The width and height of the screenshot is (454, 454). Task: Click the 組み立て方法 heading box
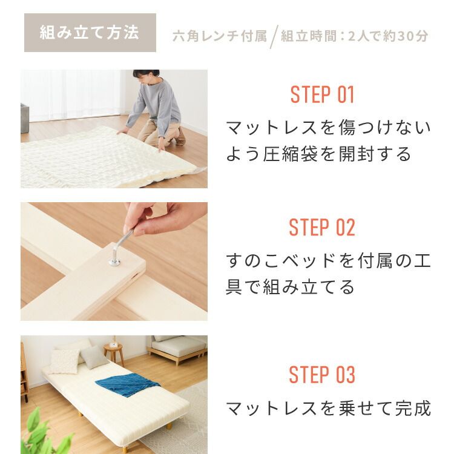pyautogui.click(x=90, y=33)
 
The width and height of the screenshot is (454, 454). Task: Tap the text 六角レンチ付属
pyautogui.click(x=219, y=36)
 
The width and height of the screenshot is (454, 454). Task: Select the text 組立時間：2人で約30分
pyautogui.click(x=354, y=36)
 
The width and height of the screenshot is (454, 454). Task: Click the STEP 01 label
pyautogui.click(x=322, y=95)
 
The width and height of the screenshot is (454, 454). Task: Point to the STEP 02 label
pyautogui.click(x=322, y=228)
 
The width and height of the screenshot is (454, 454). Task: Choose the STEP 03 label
pyautogui.click(x=322, y=375)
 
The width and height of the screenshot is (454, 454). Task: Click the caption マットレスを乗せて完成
pyautogui.click(x=328, y=408)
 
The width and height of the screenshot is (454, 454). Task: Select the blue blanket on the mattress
pyautogui.click(x=127, y=385)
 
